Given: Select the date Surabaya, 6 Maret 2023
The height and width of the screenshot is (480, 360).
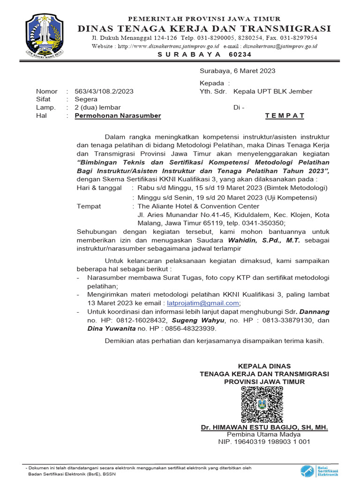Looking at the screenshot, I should (237, 71).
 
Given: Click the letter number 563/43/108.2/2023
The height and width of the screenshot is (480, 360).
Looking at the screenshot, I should (104, 91).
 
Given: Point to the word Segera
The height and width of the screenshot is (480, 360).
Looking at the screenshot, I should (86, 99).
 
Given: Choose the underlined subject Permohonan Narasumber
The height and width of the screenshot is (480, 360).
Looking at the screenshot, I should (118, 116).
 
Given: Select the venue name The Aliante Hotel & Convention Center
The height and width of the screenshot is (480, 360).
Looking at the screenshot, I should (198, 206).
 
